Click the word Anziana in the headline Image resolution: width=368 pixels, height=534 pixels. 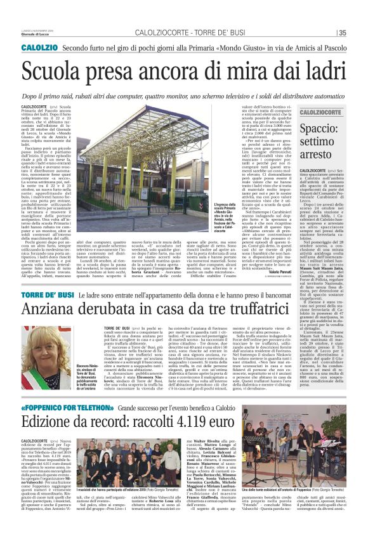(51, 310)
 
